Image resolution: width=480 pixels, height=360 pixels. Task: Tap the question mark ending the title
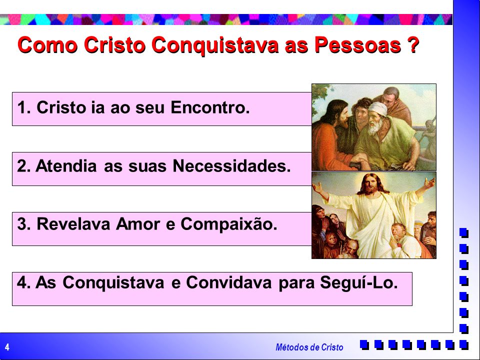413,44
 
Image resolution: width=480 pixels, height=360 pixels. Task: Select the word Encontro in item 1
210,107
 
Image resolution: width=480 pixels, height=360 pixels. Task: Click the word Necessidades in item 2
231,166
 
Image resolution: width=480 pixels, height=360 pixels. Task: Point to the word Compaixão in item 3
228,224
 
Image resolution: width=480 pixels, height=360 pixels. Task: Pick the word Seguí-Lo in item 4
359,282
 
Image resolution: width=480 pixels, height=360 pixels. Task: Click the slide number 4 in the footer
7,347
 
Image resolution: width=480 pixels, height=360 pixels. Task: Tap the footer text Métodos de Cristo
309,347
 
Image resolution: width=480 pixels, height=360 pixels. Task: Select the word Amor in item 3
138,224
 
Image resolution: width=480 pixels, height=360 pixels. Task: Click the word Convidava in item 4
228,282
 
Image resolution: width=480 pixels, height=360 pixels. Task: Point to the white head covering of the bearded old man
378,109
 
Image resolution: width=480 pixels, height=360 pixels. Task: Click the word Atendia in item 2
66,166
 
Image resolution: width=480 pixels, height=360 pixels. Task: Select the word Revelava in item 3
73,224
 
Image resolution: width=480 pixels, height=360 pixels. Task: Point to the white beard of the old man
374,127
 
